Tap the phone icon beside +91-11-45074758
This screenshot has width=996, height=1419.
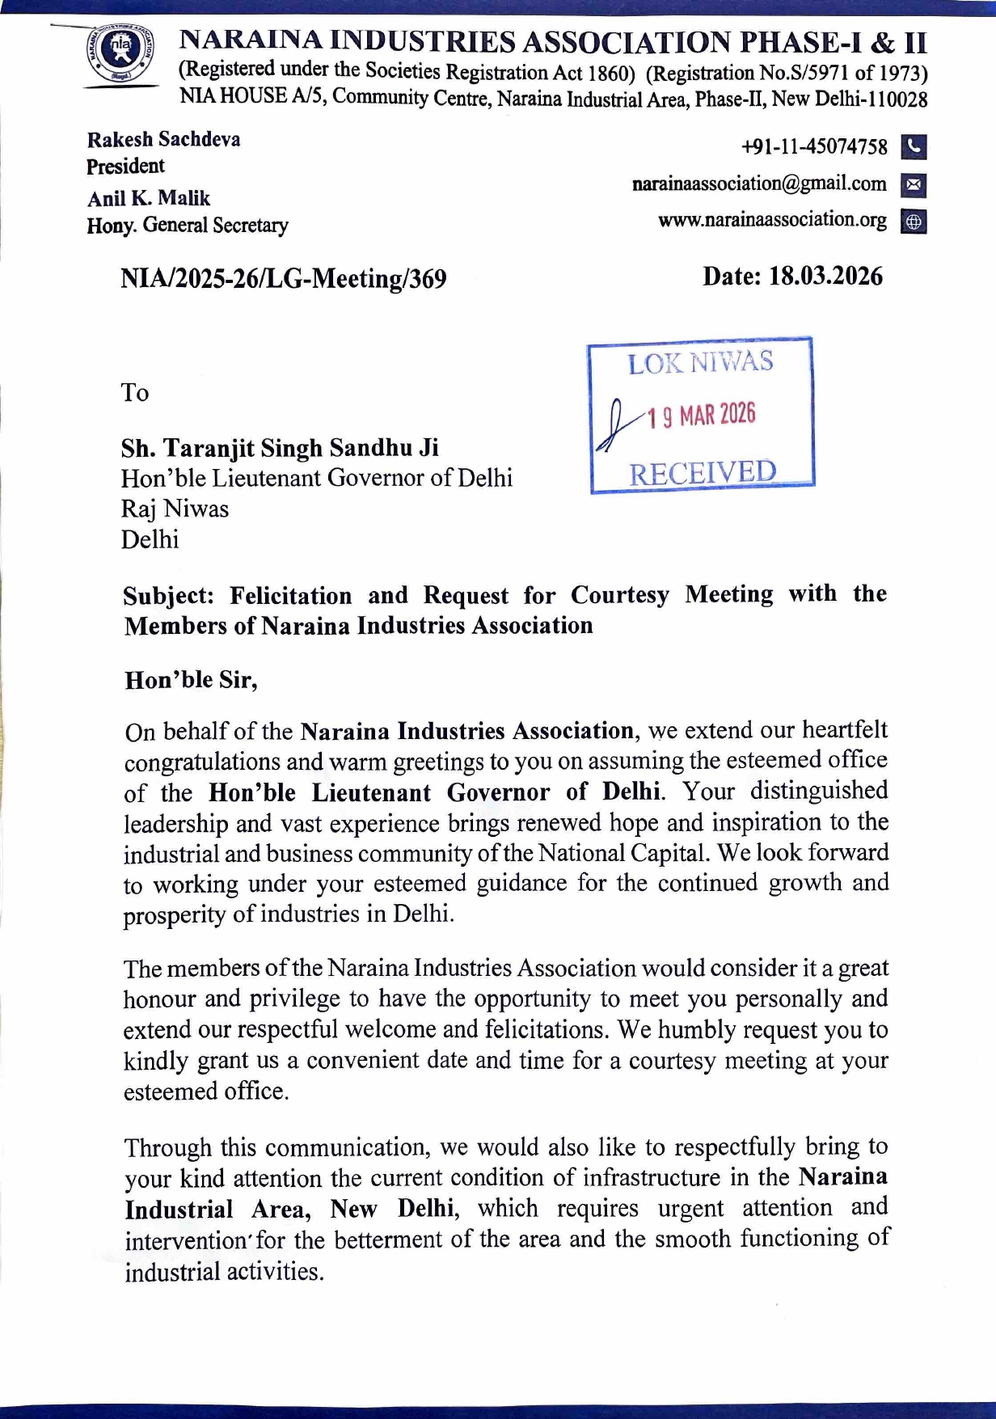(x=913, y=147)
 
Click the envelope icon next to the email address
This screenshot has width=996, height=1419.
(x=913, y=185)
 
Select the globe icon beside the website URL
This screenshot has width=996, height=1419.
(x=913, y=222)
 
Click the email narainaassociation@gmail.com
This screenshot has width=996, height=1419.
(x=758, y=184)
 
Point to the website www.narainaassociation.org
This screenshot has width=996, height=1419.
(x=772, y=220)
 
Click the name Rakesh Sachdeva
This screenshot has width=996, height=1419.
(x=163, y=139)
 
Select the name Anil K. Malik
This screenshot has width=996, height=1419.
(x=149, y=198)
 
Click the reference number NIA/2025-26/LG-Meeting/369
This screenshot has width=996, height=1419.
(x=283, y=279)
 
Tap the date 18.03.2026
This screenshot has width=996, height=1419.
(x=825, y=277)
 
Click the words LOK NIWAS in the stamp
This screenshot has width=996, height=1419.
(x=700, y=362)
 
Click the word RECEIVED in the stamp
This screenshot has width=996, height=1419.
(x=702, y=472)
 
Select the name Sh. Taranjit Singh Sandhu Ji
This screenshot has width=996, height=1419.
(x=280, y=447)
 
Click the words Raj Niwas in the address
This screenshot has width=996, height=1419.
(x=175, y=509)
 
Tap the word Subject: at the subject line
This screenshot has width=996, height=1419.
(x=168, y=596)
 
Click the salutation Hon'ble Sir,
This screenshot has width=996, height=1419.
(x=191, y=680)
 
